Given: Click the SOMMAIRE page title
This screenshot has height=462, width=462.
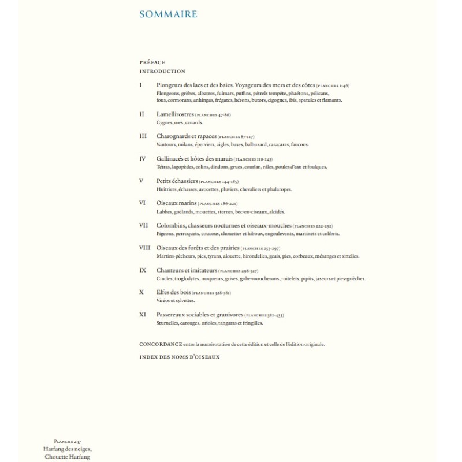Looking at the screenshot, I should pos(168,14).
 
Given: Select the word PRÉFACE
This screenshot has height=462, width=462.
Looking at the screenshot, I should pos(152,62).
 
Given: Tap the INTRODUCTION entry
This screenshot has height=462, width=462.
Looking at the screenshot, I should pos(162,72).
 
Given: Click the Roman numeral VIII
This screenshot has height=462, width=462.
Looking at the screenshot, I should pos(145,248).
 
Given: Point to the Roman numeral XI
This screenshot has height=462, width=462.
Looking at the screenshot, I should pos(143,315).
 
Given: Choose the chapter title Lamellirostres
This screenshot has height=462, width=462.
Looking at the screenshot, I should pos(175,114).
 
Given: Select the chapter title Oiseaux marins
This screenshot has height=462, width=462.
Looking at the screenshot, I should pos(176,203).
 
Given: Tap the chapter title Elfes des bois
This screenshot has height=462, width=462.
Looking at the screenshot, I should pos(174,292).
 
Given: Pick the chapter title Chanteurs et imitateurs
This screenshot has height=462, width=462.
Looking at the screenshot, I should pos(187,270).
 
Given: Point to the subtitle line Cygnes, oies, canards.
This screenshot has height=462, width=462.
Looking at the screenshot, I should pos(180,122).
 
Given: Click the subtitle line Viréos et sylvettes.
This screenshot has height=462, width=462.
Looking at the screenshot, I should pos(176,300).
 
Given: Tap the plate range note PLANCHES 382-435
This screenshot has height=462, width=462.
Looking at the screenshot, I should pos(264,315).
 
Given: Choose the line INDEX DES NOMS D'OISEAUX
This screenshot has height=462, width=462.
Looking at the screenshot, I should pos(179,357).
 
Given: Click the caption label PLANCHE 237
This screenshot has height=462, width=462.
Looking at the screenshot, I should pos(68,442).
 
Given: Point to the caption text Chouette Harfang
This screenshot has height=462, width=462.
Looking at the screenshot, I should pos(68,457).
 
